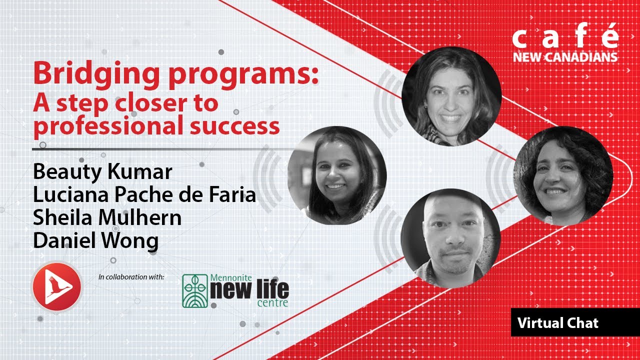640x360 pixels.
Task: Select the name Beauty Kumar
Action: coord(102,172)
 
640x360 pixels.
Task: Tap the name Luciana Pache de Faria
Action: coord(144,195)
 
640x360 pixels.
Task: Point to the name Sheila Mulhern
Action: coord(107,218)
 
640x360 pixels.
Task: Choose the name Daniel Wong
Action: coord(95,241)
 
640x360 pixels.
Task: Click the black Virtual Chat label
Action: coord(558,323)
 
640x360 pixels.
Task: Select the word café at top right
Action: coord(565,39)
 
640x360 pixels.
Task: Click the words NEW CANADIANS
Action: coord(565,57)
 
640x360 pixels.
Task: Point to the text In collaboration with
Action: coord(131,276)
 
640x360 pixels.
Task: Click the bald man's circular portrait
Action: coord(450,238)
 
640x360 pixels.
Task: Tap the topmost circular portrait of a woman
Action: coord(451,96)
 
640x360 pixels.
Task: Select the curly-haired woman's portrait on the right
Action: coord(563,175)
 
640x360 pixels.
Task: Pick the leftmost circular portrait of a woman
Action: coord(337,174)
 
